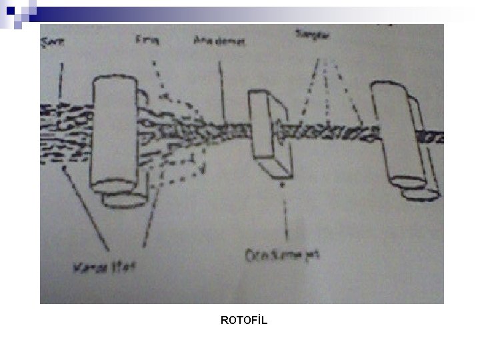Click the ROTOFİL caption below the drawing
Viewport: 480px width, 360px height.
point(243,321)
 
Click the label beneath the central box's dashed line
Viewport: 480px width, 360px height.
point(283,254)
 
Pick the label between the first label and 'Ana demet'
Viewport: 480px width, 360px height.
point(145,41)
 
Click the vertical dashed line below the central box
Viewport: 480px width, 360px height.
point(285,213)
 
